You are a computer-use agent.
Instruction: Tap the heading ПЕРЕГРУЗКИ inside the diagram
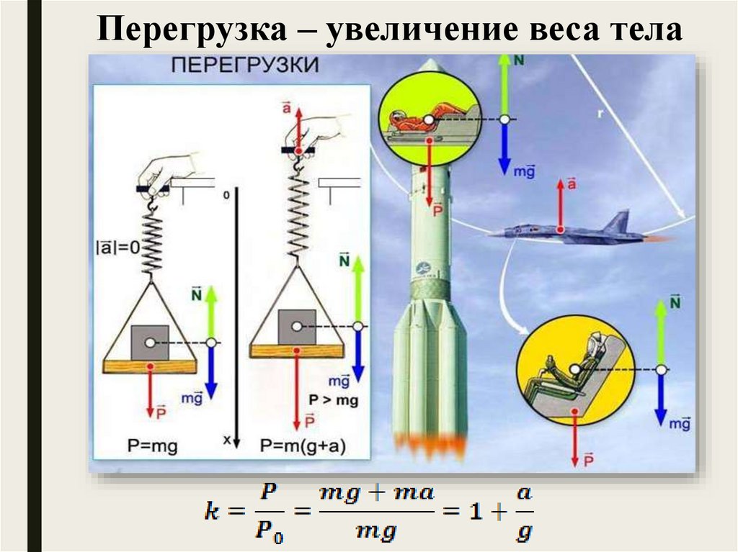pyautogui.click(x=244, y=65)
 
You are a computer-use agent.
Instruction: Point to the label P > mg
pyautogui.click(x=333, y=400)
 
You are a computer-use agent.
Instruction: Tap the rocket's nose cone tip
pyautogui.click(x=431, y=63)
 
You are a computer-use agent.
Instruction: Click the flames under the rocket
pyautogui.click(x=430, y=445)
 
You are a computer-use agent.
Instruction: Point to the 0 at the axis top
pyautogui.click(x=226, y=195)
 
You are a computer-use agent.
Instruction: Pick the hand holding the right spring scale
pyautogui.click(x=317, y=130)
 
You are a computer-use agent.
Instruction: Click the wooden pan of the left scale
pyautogui.click(x=150, y=366)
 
